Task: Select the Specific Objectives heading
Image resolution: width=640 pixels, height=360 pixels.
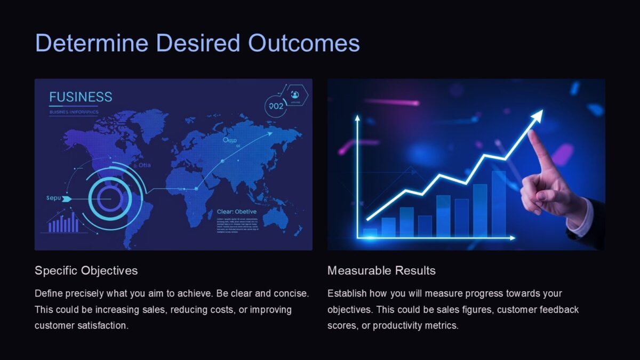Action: coord(86,270)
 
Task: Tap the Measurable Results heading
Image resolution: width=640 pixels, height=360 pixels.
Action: coord(381,270)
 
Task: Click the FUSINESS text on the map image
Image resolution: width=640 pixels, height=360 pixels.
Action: coord(81,97)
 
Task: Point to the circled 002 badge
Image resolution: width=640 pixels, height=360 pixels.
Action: coord(276,106)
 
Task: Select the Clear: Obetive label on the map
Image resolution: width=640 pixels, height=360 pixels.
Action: coord(236,212)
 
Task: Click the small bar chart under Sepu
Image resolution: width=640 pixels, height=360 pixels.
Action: coord(63,223)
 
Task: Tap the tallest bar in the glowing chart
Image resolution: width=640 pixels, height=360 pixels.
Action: coord(499,204)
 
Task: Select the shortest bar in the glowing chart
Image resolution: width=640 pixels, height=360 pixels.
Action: coord(370,233)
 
